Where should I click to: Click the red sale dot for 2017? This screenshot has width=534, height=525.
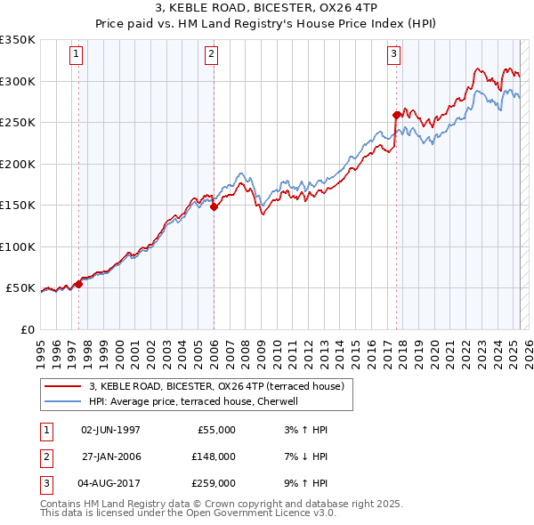coord(396,114)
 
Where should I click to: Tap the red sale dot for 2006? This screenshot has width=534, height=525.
coord(214,206)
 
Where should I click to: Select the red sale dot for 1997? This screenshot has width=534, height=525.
coord(78,284)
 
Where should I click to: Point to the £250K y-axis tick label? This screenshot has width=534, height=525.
coord(18,123)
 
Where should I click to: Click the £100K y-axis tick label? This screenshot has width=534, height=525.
coord(18,246)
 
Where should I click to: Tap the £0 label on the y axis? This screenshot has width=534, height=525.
coord(27,329)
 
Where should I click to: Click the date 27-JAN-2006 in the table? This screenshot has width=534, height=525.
coord(110,456)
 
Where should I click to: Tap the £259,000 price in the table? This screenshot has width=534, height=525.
coord(214,483)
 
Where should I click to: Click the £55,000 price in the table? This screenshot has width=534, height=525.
coord(216,430)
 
